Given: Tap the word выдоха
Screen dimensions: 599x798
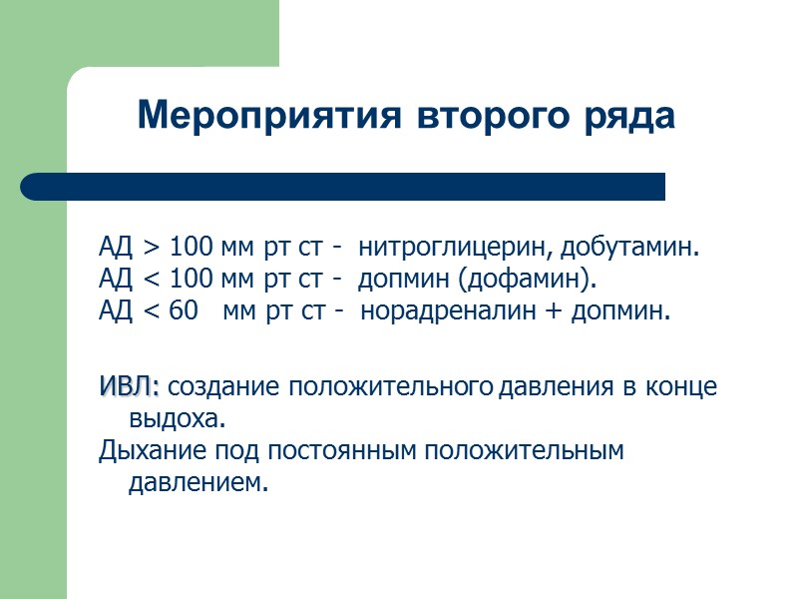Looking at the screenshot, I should pyautogui.click(x=171, y=417).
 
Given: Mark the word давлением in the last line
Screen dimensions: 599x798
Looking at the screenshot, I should pyautogui.click(x=199, y=482).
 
